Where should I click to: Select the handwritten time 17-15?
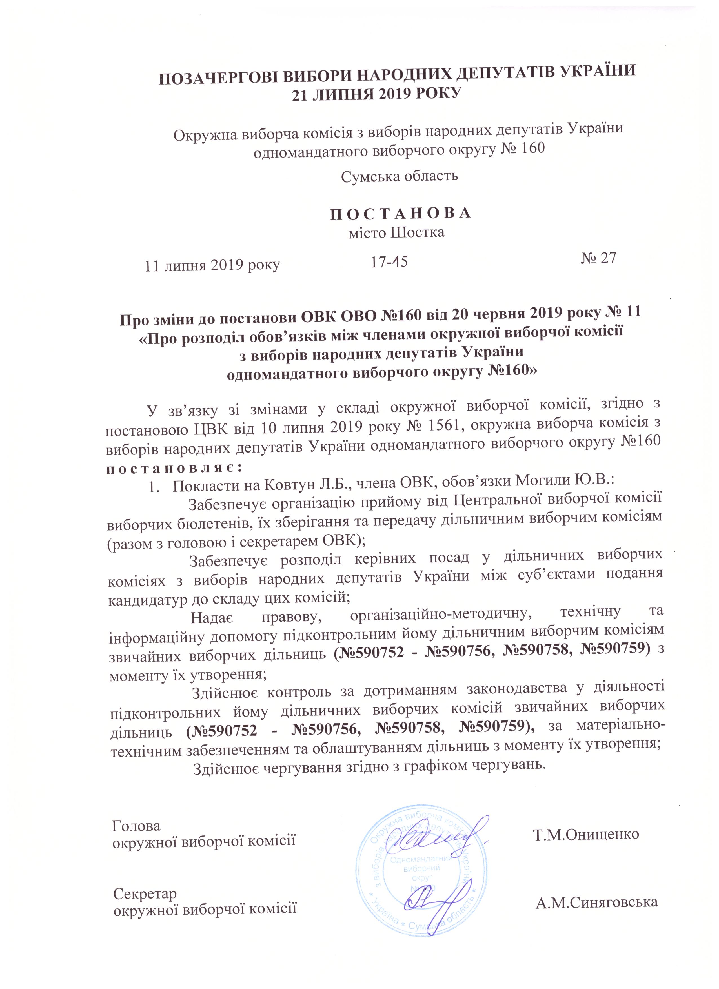(389, 262)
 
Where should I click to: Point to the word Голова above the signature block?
(136, 826)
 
